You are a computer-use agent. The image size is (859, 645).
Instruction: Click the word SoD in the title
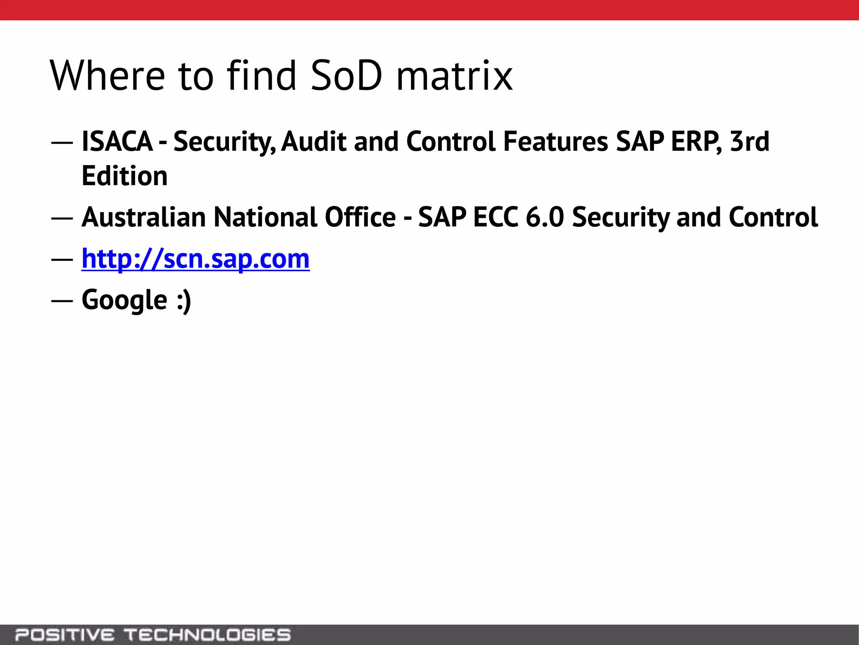coord(346,76)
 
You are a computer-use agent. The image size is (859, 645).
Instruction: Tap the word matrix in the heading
coord(454,76)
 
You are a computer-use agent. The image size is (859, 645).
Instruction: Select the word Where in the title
coord(107,76)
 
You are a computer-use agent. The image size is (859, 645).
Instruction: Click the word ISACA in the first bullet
coord(117,142)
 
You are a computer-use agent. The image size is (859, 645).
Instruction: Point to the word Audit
coord(314,142)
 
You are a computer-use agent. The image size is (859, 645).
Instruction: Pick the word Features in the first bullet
coord(555,142)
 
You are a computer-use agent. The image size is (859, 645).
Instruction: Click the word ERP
coord(697,142)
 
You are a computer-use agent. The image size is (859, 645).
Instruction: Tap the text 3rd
coord(750,142)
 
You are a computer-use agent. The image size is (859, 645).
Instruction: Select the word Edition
coord(125,176)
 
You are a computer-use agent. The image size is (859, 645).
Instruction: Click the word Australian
coord(143,217)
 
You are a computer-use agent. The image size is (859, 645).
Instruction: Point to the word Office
coord(360,217)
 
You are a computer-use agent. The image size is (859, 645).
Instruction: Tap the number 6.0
coord(545,217)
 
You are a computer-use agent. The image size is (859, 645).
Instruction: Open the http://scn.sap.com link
coord(195,259)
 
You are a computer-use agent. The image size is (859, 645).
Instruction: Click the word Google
coord(125,300)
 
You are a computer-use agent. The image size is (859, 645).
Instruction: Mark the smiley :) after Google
coord(184,300)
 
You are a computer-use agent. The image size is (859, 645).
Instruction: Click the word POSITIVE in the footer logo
coord(65,635)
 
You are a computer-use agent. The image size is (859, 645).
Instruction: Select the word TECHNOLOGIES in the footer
coord(208,635)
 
